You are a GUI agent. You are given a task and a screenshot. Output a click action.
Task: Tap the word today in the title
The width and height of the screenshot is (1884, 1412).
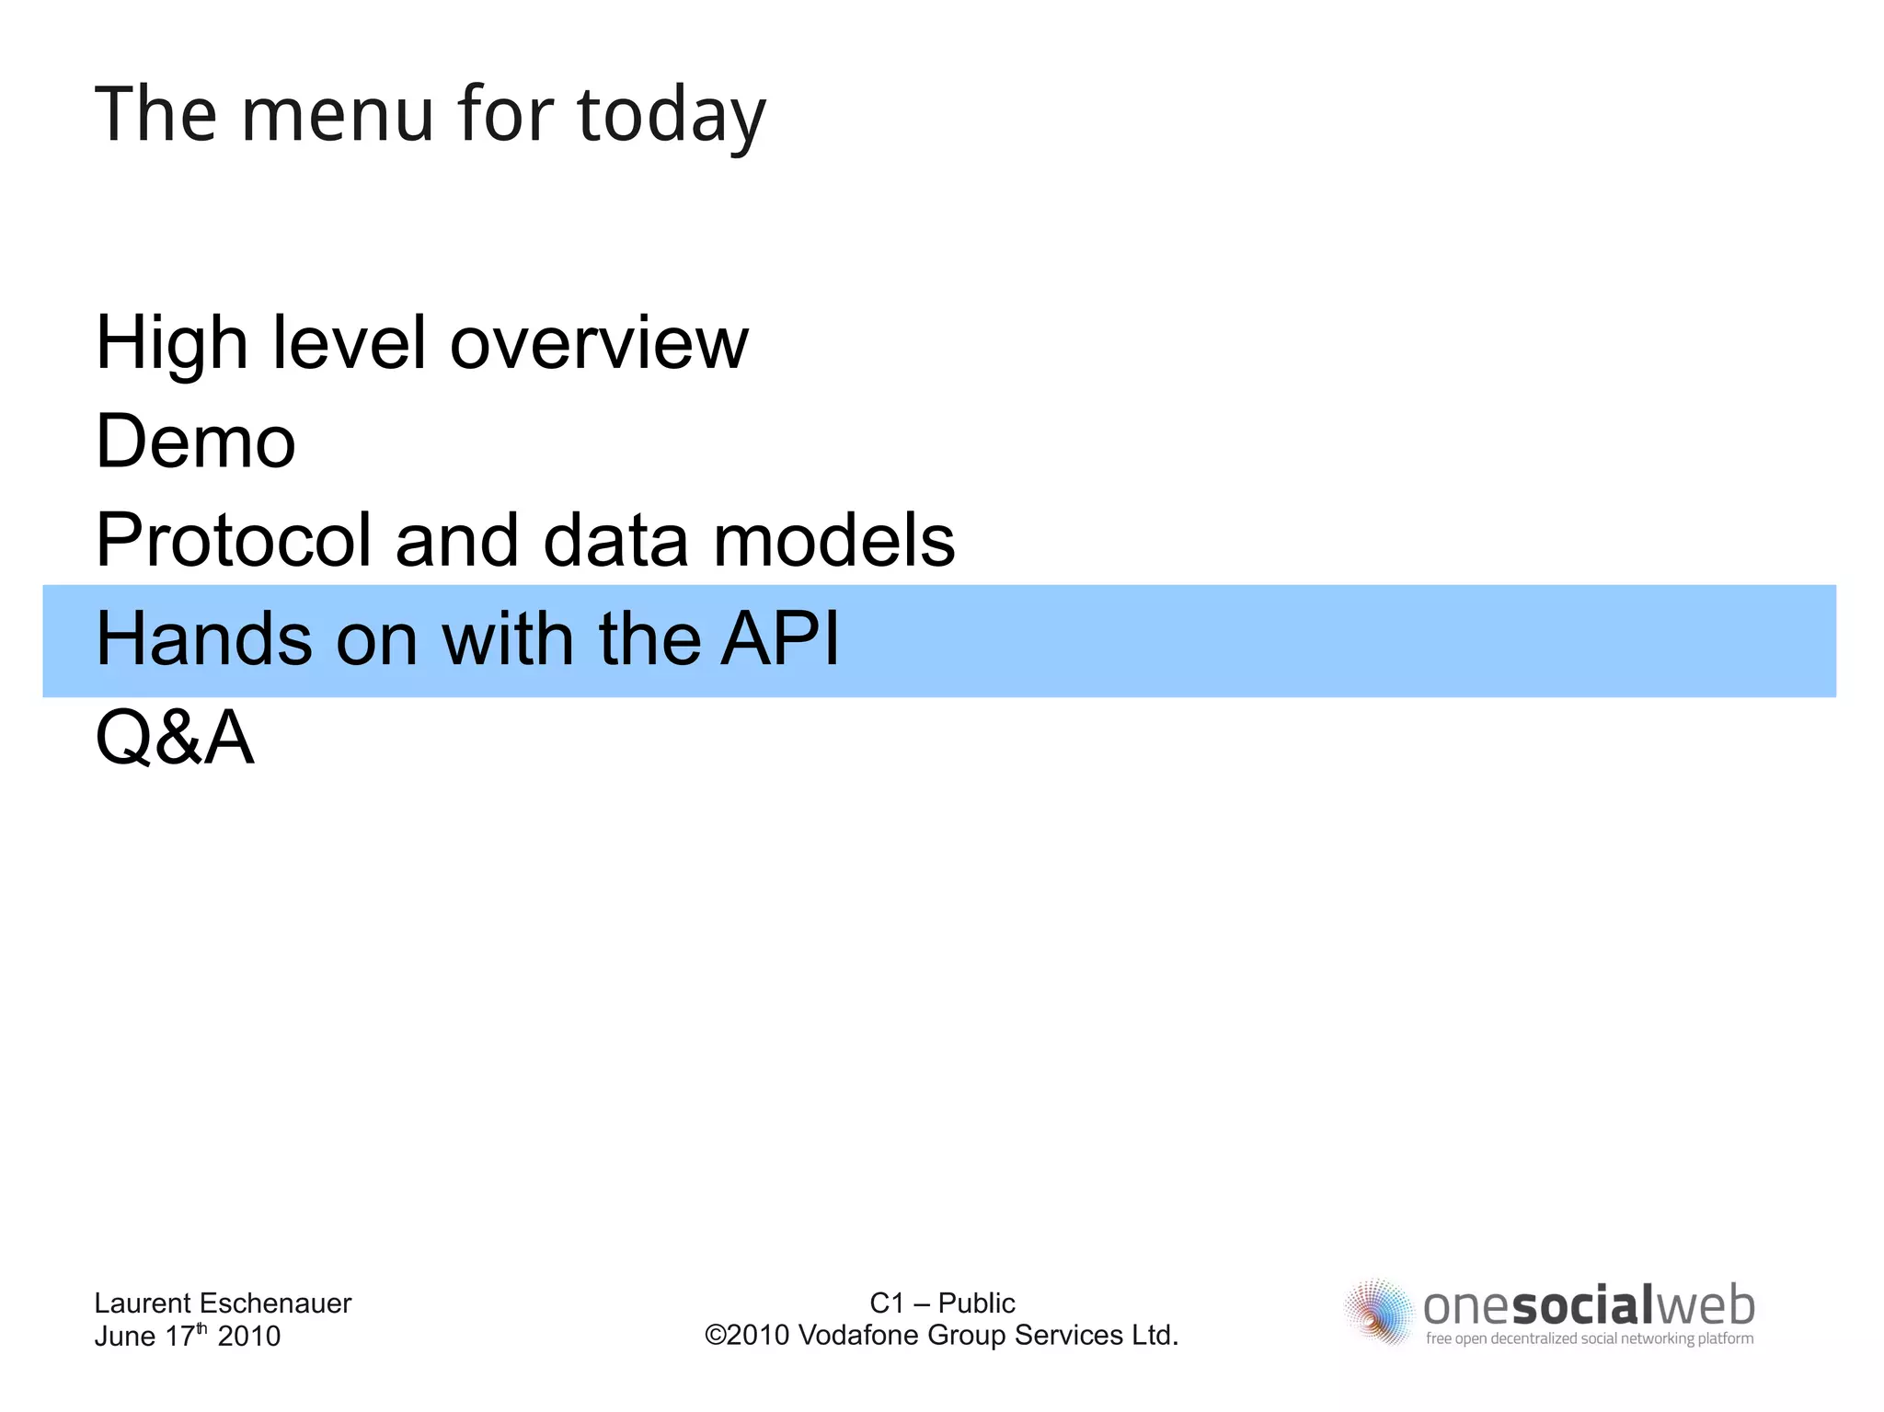(672, 116)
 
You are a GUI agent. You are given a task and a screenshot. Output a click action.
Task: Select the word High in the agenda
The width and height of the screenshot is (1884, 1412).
(172, 343)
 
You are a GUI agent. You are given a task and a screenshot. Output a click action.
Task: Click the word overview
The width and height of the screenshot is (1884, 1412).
(599, 343)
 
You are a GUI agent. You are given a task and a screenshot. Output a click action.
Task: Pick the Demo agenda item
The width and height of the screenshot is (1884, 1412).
(196, 442)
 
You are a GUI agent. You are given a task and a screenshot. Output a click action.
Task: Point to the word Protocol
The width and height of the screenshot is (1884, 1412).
(233, 540)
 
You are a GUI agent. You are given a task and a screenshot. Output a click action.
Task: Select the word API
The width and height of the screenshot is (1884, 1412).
(780, 638)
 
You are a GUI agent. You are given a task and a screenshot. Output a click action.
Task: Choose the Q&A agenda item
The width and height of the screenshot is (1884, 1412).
(175, 738)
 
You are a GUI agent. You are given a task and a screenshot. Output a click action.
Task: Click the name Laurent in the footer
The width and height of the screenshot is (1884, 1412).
(143, 1303)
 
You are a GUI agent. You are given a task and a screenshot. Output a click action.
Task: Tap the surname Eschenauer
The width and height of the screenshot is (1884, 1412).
(275, 1303)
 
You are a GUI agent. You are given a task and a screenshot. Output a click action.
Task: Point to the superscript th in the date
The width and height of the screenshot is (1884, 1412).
(202, 1327)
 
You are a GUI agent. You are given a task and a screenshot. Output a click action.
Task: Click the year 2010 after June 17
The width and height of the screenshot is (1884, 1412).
(248, 1336)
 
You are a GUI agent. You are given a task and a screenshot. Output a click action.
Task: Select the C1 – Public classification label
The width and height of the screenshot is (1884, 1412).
(942, 1303)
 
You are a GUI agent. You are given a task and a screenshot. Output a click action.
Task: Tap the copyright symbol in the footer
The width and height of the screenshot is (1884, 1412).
(715, 1335)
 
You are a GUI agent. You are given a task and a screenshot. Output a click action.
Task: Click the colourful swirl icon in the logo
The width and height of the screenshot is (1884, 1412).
(1378, 1312)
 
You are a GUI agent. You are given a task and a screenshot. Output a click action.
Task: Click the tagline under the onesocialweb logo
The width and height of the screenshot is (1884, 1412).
(1590, 1338)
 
